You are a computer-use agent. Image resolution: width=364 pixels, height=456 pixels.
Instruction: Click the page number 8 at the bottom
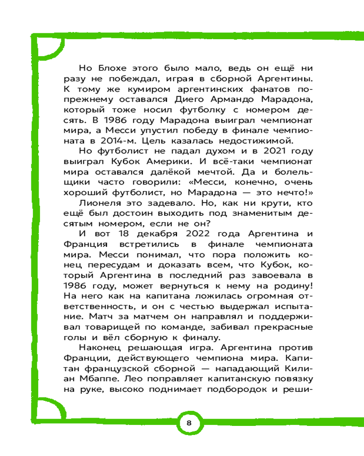(189, 422)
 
